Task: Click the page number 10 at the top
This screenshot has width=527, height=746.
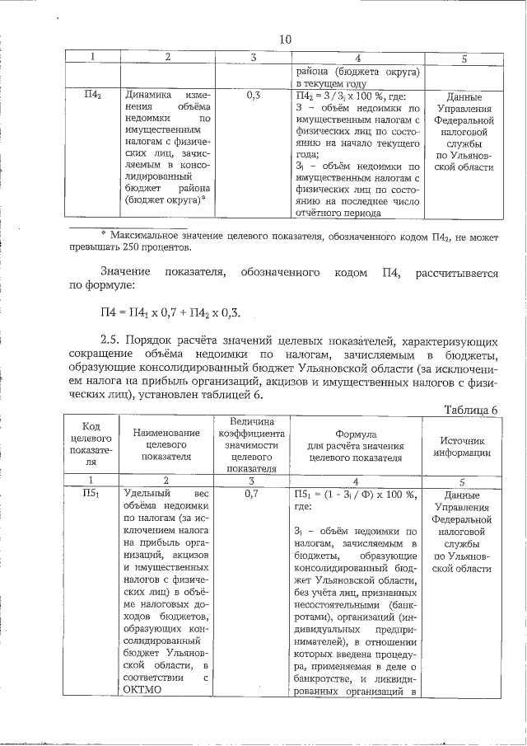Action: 285,40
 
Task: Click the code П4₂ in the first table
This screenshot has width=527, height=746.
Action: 94,96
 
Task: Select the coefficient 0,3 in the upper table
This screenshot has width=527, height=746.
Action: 254,96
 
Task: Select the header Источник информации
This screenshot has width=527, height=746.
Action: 464,446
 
